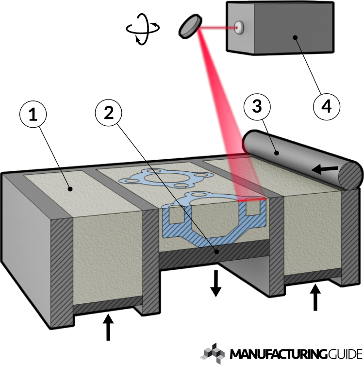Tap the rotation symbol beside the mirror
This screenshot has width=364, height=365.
tap(142, 29)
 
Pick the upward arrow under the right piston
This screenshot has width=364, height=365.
tap(315, 298)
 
